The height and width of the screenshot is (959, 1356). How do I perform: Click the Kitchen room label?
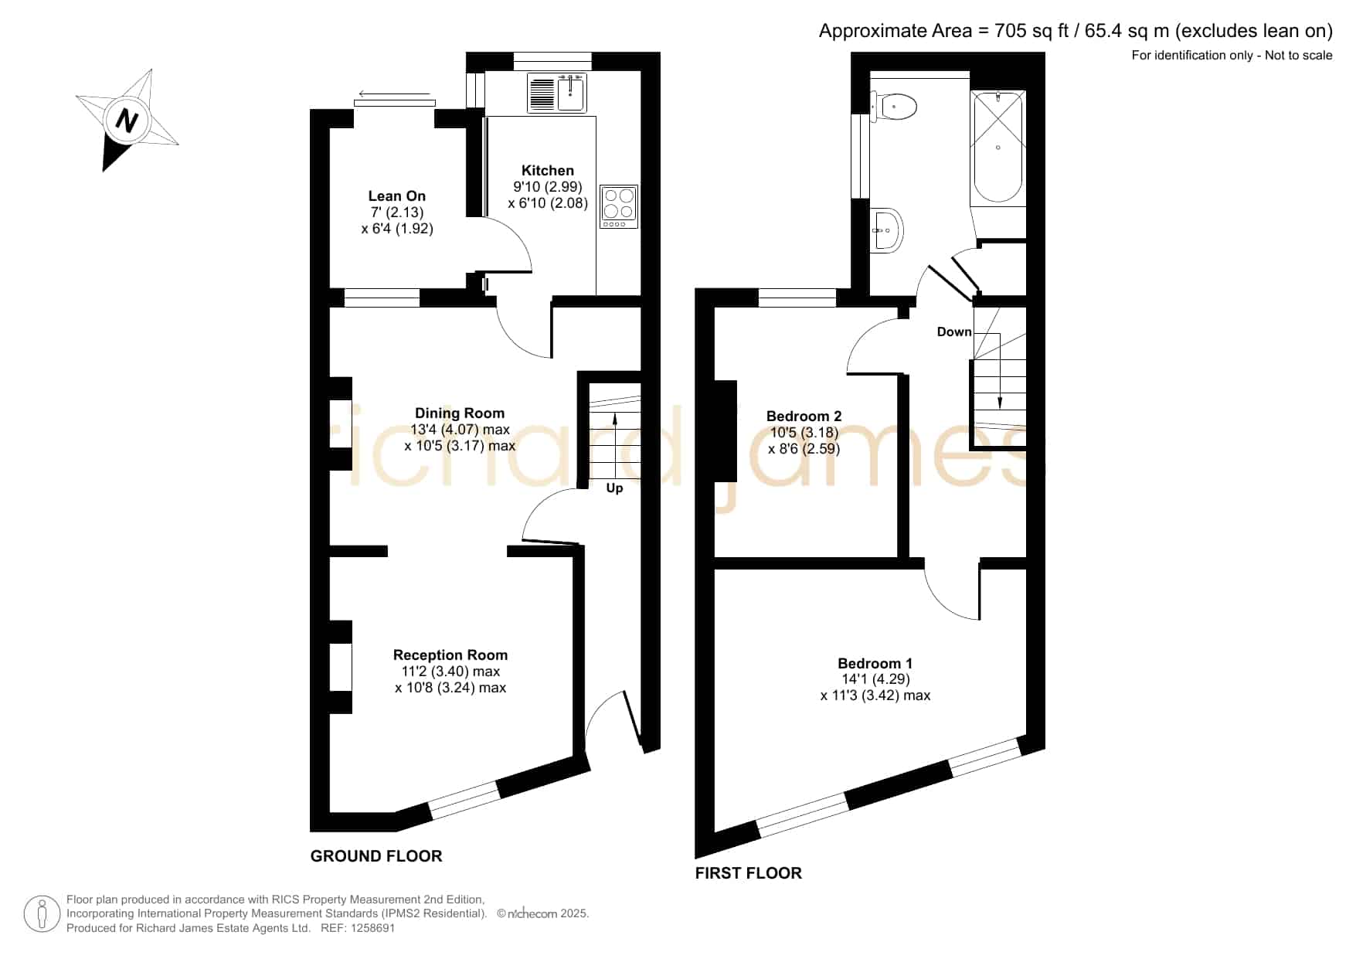click(547, 171)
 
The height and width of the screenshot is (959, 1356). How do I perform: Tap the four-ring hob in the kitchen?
click(619, 206)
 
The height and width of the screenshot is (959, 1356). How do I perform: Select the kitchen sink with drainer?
click(557, 93)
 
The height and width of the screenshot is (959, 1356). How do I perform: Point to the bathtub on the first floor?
click(998, 147)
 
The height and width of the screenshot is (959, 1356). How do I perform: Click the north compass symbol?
click(127, 120)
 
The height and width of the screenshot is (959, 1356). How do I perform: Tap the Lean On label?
click(396, 196)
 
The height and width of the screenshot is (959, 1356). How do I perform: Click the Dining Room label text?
click(460, 413)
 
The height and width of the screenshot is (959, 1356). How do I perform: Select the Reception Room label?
click(450, 655)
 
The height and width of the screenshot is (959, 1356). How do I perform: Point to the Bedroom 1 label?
click(875, 664)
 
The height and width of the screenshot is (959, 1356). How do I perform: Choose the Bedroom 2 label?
click(804, 417)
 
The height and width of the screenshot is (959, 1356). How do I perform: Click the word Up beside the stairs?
click(614, 488)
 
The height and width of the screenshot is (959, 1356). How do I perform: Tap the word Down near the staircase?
click(954, 332)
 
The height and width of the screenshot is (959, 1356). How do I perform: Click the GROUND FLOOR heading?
click(376, 856)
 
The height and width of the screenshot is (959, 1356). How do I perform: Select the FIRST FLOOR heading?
click(749, 873)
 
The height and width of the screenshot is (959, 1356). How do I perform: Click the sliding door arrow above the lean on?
click(394, 95)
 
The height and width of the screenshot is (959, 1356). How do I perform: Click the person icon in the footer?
click(42, 914)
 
